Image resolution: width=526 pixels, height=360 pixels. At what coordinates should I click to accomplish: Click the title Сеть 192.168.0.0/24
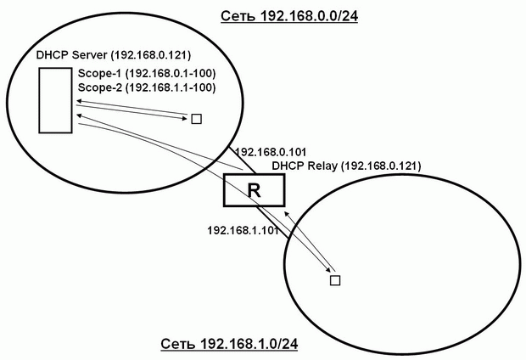pos(289,16)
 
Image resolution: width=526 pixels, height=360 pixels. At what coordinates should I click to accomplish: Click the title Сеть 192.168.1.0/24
pos(229,344)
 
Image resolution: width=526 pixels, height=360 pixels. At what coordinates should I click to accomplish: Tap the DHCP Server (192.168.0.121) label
pos(114,55)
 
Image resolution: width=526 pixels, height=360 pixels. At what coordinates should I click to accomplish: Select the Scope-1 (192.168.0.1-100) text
pos(147,73)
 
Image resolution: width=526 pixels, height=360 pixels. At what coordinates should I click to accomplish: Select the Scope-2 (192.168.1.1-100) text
pos(147,87)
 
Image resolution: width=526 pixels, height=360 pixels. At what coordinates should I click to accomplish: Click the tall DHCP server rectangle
pos(55,100)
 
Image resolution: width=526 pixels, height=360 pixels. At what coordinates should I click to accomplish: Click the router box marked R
pos(254,189)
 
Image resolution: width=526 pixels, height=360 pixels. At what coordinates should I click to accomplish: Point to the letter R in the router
pos(254,190)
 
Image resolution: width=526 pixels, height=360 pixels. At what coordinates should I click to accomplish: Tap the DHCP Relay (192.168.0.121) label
pos(346,166)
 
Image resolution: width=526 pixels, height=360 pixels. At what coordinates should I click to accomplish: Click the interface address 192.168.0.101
pos(271,152)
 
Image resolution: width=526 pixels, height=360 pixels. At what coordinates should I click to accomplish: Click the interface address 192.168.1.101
pos(243,230)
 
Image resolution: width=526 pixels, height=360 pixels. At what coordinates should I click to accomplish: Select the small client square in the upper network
pos(196,119)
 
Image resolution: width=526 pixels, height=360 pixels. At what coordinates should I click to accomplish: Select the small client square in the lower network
pos(335,280)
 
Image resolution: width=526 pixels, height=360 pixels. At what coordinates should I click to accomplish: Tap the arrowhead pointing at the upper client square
pos(185,118)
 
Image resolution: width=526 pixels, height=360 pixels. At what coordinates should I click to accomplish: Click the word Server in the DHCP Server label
pos(90,55)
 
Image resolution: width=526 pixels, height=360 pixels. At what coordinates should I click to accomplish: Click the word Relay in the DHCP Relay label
pos(322,166)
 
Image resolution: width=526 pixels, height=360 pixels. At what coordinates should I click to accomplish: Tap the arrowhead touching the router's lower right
pos(287,214)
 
